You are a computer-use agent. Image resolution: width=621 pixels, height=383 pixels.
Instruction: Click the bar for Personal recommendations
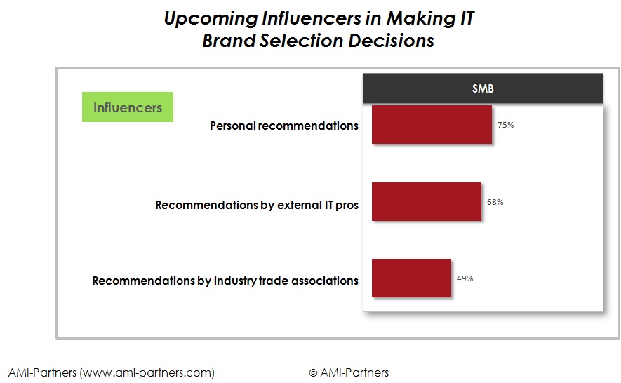pyautogui.click(x=432, y=124)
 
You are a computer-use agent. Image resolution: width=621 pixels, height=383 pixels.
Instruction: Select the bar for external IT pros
pyautogui.click(x=427, y=201)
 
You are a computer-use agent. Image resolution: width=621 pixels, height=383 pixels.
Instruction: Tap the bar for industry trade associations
pyautogui.click(x=411, y=278)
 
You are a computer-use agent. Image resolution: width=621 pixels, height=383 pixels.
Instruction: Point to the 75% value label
pyautogui.click(x=506, y=125)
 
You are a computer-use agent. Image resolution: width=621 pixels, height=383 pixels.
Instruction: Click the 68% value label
pyautogui.click(x=495, y=202)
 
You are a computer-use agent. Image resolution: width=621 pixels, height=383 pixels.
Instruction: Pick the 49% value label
pyautogui.click(x=465, y=278)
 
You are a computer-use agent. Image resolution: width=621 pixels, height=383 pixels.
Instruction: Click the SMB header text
pyautogui.click(x=483, y=88)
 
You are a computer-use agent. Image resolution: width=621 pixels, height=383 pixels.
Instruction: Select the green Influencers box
pyautogui.click(x=128, y=107)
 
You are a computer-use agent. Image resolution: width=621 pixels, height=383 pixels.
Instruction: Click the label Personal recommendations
pyautogui.click(x=284, y=126)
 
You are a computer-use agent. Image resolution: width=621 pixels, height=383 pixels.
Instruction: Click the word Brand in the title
pyautogui.click(x=229, y=41)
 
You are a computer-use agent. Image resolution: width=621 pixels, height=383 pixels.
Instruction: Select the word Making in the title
pyautogui.click(x=421, y=19)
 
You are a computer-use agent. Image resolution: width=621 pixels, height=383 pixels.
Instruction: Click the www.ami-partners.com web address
pyautogui.click(x=147, y=372)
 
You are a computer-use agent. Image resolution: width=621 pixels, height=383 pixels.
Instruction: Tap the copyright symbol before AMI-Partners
pyautogui.click(x=313, y=373)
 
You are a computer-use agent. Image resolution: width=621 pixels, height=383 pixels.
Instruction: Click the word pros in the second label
pyautogui.click(x=347, y=206)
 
